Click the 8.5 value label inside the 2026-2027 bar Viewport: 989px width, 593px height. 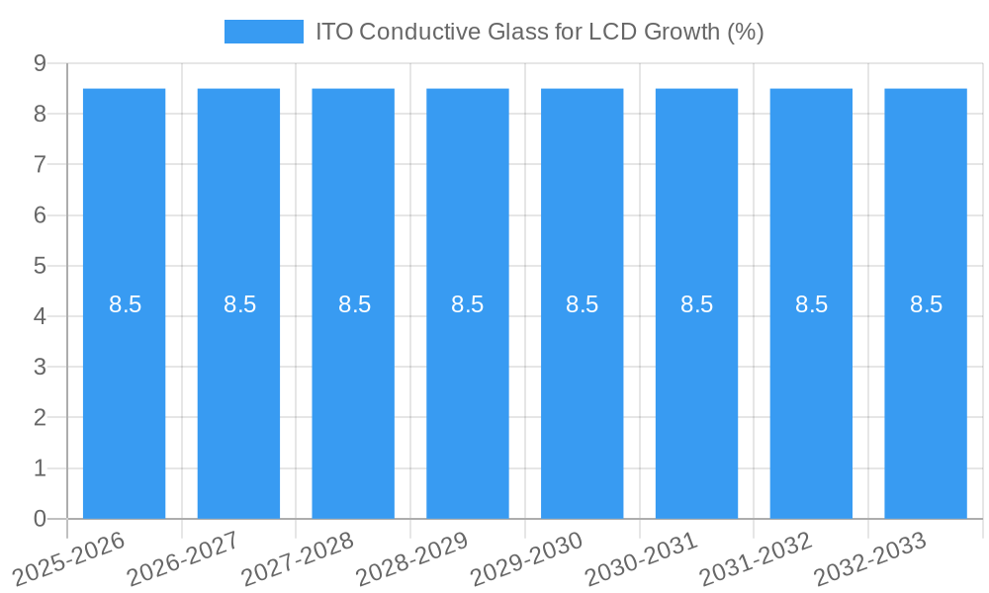239,304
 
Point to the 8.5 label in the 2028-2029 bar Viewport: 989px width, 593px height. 468,304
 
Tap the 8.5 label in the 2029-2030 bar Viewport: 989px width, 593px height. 583,304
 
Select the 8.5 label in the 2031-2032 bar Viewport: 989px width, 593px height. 811,304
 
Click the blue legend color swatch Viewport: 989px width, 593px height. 263,32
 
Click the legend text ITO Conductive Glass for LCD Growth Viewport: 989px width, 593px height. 539,32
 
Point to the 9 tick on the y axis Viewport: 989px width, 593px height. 41,63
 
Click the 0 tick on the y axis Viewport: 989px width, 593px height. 41,519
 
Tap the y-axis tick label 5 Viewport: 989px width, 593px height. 41,266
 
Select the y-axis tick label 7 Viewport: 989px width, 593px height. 41,164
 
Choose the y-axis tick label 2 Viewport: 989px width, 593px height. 41,418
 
